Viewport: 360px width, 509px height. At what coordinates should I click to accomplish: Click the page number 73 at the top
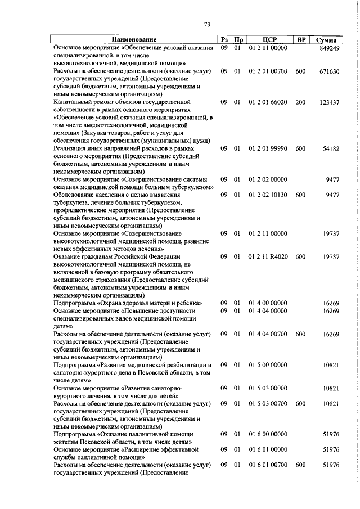coord(207,24)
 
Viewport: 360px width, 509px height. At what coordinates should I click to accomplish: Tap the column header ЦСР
coord(268,40)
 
